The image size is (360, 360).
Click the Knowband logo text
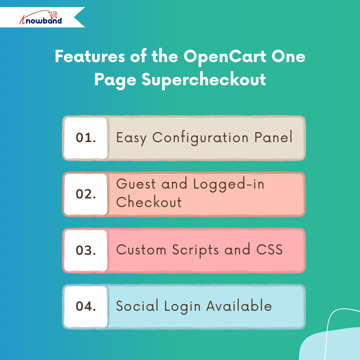click(41, 20)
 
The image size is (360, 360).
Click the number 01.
click(86, 138)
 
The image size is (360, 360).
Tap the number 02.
click(86, 194)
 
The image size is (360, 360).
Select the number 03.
click(86, 250)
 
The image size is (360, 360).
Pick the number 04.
click(86, 306)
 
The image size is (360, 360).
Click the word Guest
click(136, 184)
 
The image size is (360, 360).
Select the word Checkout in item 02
click(149, 202)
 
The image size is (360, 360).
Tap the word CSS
click(269, 250)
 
